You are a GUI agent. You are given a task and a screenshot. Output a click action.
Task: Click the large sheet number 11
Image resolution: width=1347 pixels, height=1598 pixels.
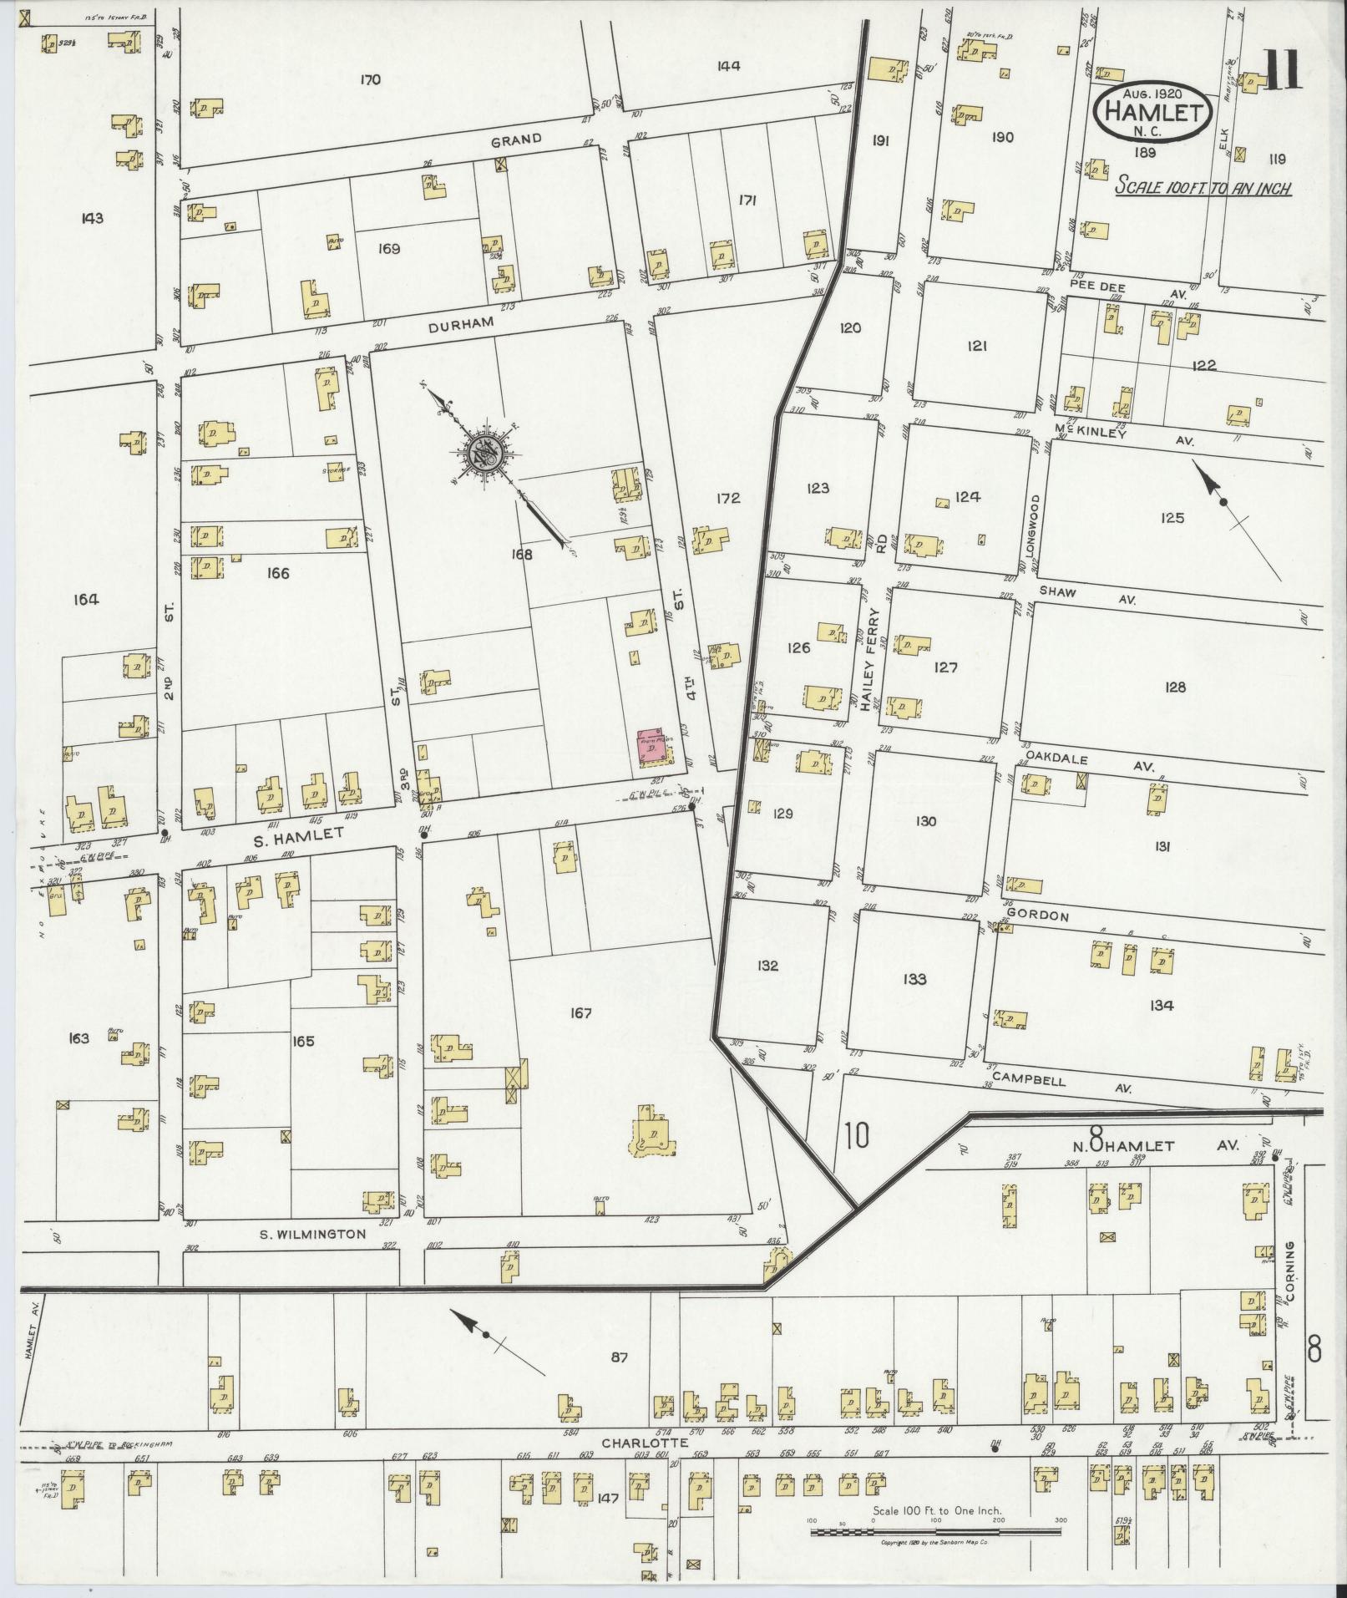pyautogui.click(x=1281, y=70)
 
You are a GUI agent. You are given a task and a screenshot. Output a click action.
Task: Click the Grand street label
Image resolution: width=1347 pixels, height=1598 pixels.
pyautogui.click(x=516, y=140)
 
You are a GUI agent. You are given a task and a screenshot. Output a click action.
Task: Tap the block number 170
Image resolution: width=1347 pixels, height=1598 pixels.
pyautogui.click(x=370, y=80)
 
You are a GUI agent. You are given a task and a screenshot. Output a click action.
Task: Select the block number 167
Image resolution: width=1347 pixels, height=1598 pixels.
pyautogui.click(x=581, y=1013)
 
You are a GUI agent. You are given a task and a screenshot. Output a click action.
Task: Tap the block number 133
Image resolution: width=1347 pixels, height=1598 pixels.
pyautogui.click(x=914, y=978)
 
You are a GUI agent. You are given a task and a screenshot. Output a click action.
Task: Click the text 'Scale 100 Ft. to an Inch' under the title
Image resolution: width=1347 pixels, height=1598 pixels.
pyautogui.click(x=1203, y=188)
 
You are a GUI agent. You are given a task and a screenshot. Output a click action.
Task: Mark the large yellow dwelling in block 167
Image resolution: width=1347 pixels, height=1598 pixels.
pyautogui.click(x=651, y=1134)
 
